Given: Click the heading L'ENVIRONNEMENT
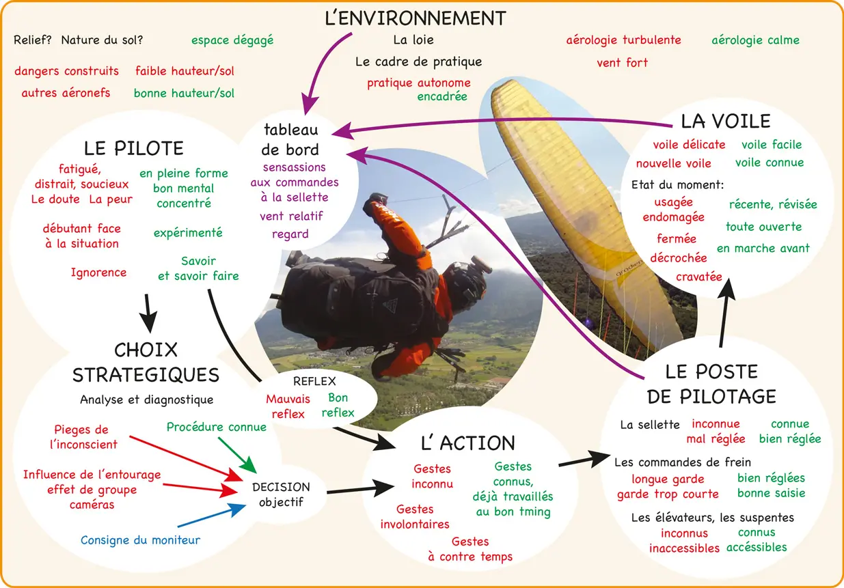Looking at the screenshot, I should pos(415,17).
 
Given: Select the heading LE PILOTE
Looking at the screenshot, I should pos(133,148).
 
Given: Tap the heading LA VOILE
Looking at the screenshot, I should pos(725,122).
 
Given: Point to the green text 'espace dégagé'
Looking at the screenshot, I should pos(232,40).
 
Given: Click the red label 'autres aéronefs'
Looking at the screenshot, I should pos(66,93).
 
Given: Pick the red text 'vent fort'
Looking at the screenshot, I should pos(622,63).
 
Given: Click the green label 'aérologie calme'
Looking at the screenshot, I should pos(755,40).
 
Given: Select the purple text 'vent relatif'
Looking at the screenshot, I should pos(291,216).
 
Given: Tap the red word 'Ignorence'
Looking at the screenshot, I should pos(98,273).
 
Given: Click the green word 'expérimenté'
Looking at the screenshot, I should pos(188,233).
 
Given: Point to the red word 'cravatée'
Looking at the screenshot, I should pos(698,277).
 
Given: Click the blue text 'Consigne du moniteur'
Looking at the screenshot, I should pos(140,540).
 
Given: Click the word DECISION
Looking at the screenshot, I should pos(281,487).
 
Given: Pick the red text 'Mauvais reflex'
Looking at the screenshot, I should pos(288,406).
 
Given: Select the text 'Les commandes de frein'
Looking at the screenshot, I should pos(682,462).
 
